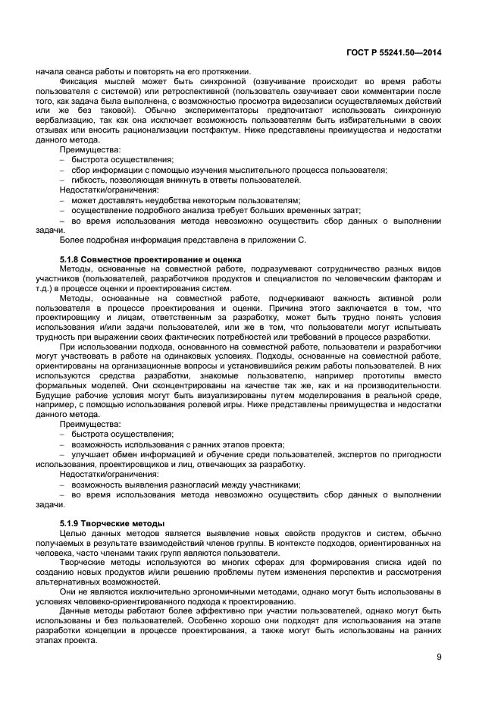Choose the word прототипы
click(x=395, y=375)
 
